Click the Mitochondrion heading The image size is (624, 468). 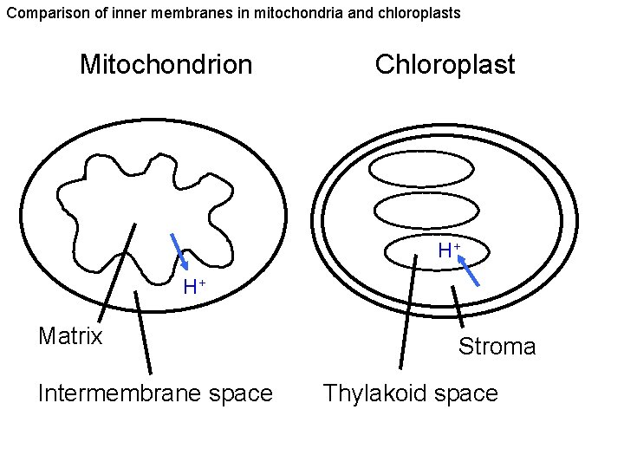pyautogui.click(x=166, y=64)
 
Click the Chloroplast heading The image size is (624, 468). pyautogui.click(x=445, y=64)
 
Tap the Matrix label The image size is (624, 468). pyautogui.click(x=70, y=335)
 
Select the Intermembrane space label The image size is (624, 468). pyautogui.click(x=155, y=393)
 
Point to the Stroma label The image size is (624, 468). pyautogui.click(x=497, y=347)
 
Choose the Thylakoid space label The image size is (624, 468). pyautogui.click(x=410, y=393)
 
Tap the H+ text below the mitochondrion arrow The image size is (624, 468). pyautogui.click(x=193, y=287)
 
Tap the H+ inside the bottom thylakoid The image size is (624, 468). pyautogui.click(x=448, y=251)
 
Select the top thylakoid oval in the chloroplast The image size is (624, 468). pyautogui.click(x=426, y=169)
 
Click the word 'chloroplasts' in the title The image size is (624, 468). pyautogui.click(x=410, y=13)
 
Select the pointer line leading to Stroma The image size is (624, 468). pyautogui.click(x=457, y=307)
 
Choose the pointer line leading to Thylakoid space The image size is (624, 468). pyautogui.click(x=407, y=312)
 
